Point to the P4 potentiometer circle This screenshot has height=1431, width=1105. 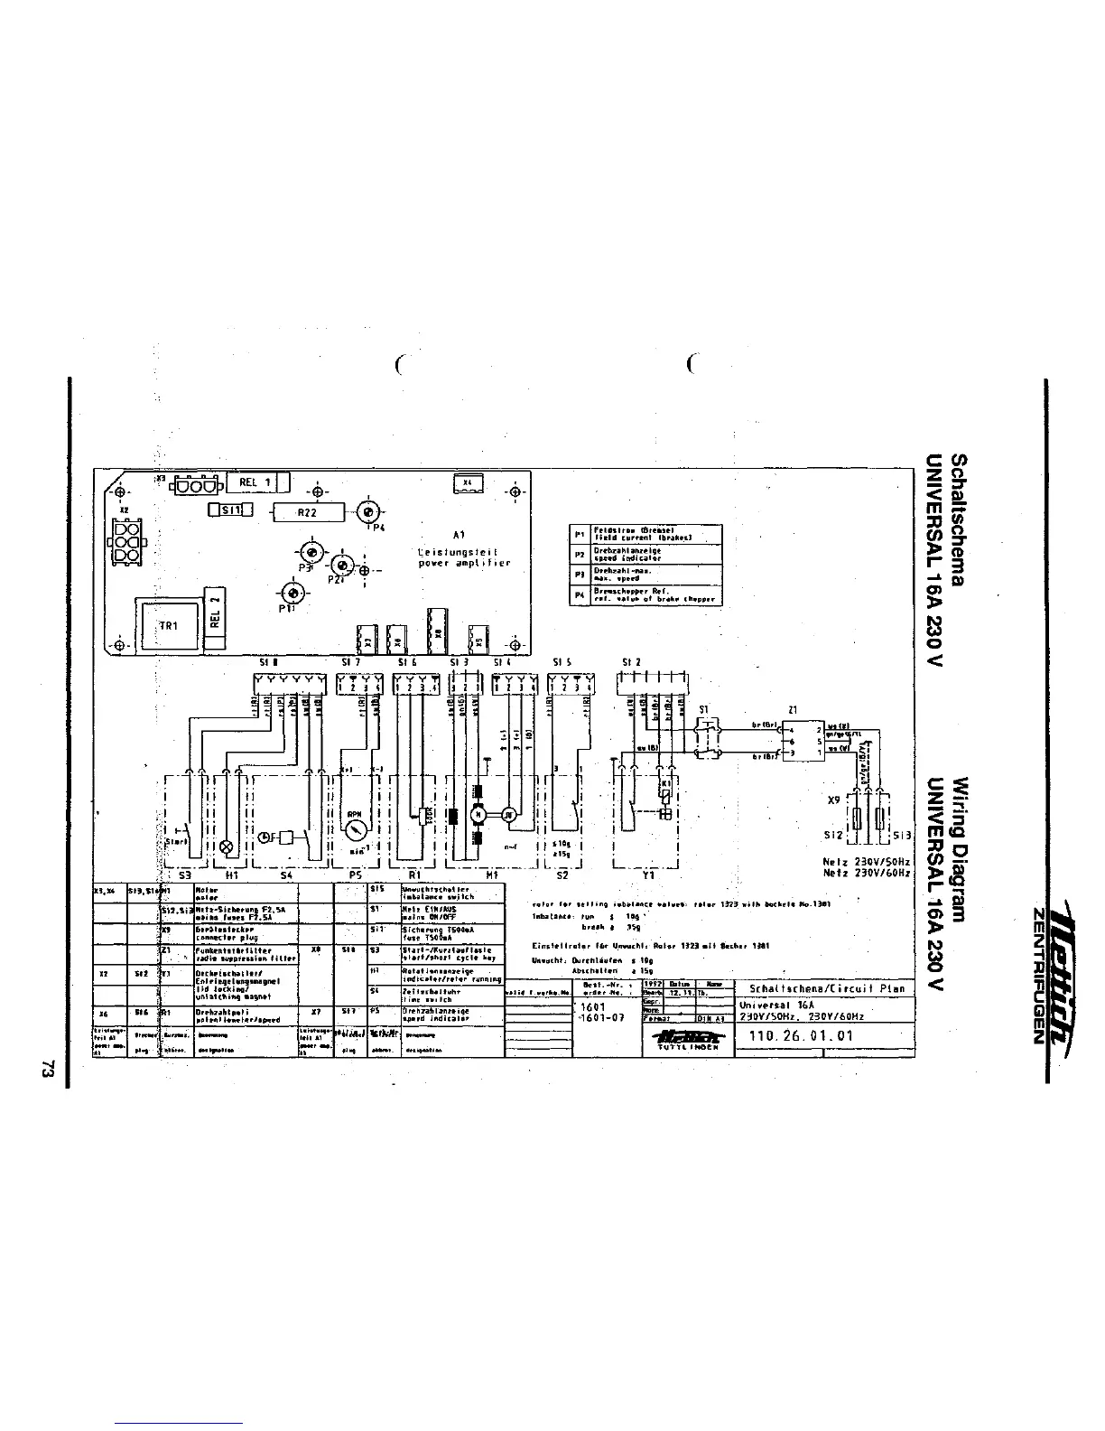pyautogui.click(x=367, y=511)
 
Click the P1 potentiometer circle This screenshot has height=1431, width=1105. pyautogui.click(x=292, y=592)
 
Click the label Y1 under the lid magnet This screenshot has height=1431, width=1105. pyautogui.click(x=647, y=874)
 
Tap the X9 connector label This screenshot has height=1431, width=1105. pyautogui.click(x=835, y=800)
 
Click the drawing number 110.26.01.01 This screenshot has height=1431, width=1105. pyautogui.click(x=795, y=1035)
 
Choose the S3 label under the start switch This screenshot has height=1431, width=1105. pyautogui.click(x=184, y=874)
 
